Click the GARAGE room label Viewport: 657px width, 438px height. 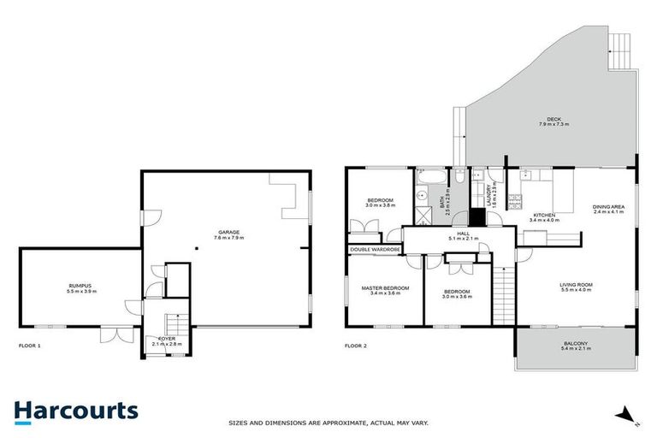tap(228, 234)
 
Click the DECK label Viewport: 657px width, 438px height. tap(554, 121)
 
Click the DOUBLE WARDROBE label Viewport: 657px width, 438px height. tap(375, 249)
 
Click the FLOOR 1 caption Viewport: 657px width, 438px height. tap(30, 346)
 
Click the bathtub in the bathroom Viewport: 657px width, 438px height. tap(430, 178)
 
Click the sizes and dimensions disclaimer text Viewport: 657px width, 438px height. tap(328, 423)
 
